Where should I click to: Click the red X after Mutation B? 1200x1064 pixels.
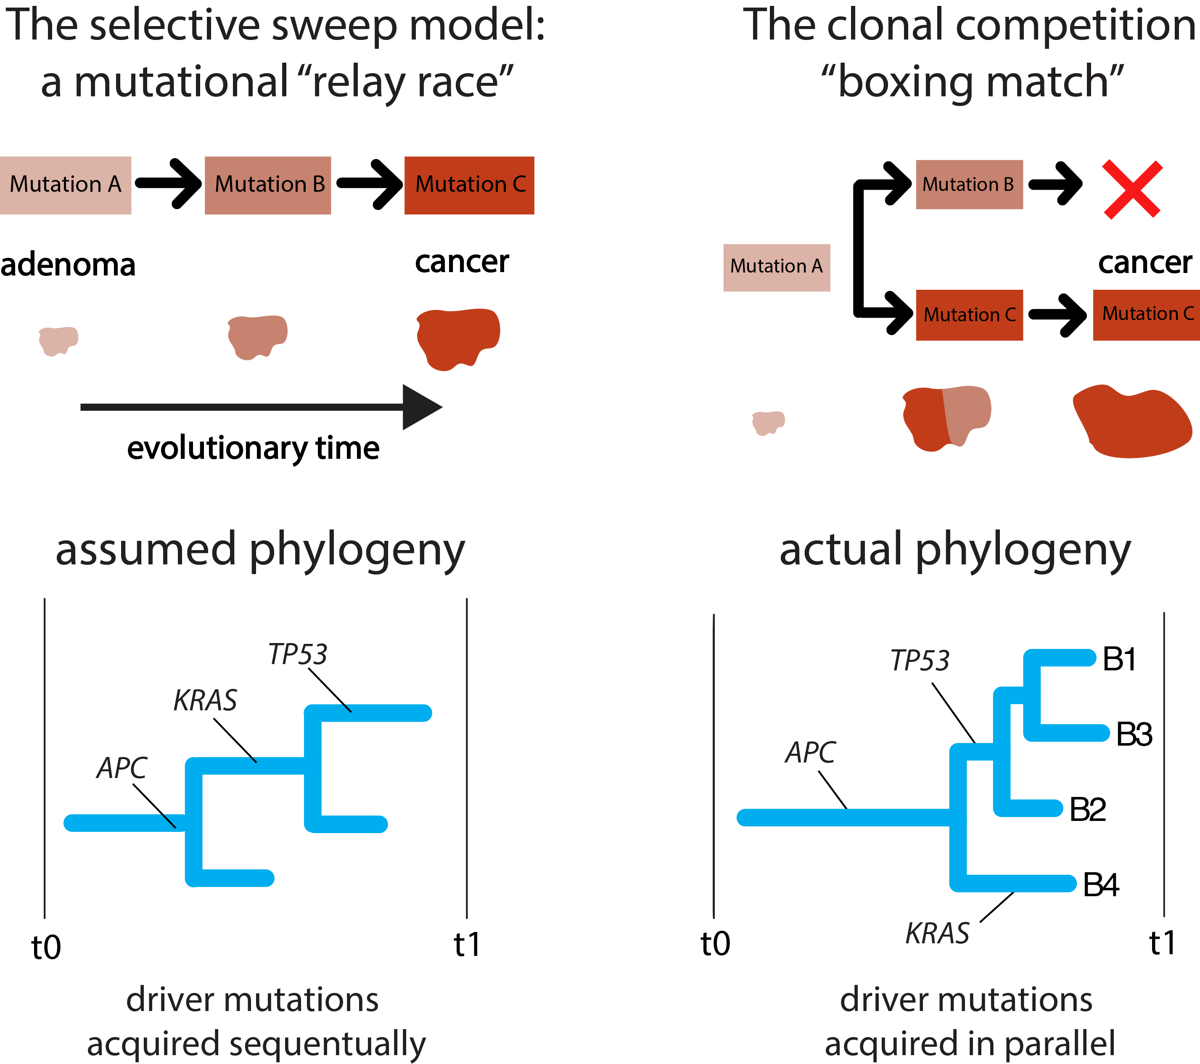[1132, 189]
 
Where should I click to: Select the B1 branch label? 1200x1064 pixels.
[1119, 659]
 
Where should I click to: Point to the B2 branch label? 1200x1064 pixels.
[1087, 809]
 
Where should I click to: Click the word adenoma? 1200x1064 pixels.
[68, 265]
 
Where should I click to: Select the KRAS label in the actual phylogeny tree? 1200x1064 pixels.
[937, 934]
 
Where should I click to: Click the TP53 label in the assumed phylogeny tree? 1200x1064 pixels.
[298, 654]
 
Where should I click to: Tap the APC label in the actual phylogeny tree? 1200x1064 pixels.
[811, 752]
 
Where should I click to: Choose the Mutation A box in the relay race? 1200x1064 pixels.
[65, 185]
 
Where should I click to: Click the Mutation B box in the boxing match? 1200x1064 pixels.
[969, 184]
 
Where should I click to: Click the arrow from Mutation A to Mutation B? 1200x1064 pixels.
[169, 184]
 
